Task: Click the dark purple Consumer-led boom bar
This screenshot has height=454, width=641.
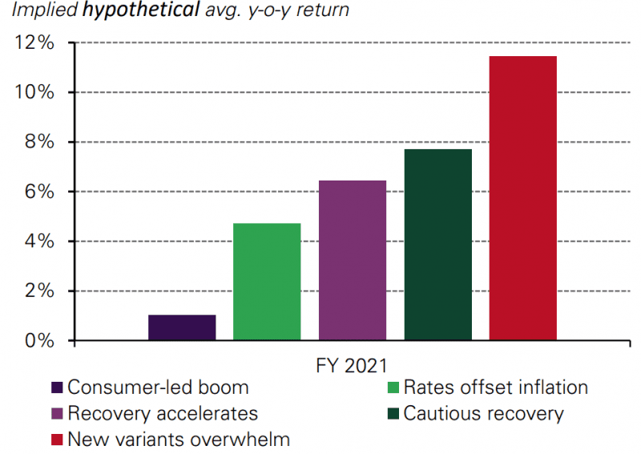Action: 182,327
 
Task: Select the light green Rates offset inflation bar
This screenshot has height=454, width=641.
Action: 267,282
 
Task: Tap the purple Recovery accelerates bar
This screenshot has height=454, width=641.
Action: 353,261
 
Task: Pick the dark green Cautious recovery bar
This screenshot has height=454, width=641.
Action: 437,245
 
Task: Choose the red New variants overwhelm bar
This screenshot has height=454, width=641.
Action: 522,198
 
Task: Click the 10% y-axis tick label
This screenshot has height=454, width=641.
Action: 34,92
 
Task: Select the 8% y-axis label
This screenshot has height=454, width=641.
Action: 38,142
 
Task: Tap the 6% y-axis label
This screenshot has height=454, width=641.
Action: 38,192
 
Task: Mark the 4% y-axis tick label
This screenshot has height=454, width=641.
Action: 38,241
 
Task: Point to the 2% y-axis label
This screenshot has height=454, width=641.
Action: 38,291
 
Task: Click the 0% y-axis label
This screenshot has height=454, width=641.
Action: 38,341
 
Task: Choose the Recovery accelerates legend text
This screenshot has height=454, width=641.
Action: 163,414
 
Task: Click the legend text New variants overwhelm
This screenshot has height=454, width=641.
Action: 179,440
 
